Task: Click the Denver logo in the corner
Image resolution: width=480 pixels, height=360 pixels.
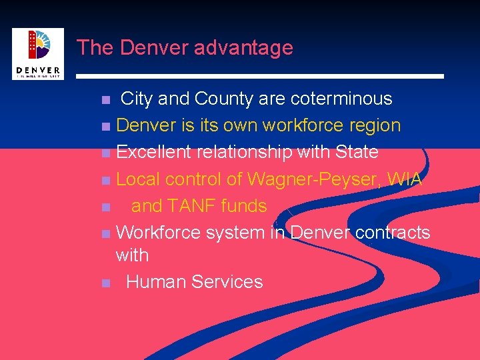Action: pyautogui.click(x=38, y=53)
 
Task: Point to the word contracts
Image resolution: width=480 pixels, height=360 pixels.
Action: pyautogui.click(x=393, y=233)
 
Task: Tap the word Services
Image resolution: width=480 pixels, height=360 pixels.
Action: pyautogui.click(x=227, y=282)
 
